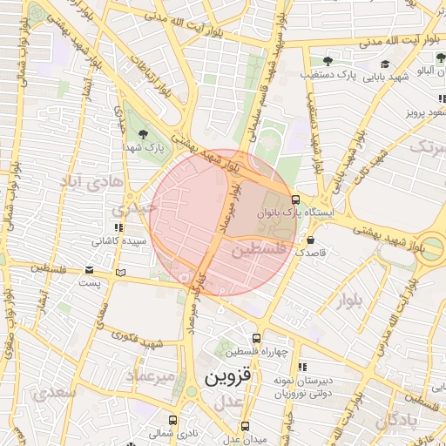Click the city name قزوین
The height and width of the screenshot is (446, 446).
coord(227,378)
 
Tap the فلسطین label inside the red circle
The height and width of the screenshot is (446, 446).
coord(259,250)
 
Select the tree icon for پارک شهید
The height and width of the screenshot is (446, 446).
coord(142,133)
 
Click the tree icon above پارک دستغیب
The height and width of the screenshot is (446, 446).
coord(328,61)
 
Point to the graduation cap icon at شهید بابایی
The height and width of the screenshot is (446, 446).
coord(385,64)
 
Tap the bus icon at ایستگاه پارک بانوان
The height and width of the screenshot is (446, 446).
coord(296,199)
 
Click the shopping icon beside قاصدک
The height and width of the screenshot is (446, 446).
coord(311,240)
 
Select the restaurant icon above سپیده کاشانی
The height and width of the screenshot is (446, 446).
coord(107,228)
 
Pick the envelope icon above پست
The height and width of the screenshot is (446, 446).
coord(90,270)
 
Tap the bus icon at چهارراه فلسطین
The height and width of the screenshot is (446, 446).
coord(256,338)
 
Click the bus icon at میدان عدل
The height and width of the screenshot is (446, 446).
coord(245,426)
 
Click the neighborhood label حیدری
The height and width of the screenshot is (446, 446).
coord(132,209)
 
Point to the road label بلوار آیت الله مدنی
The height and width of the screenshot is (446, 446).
coord(335,40)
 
